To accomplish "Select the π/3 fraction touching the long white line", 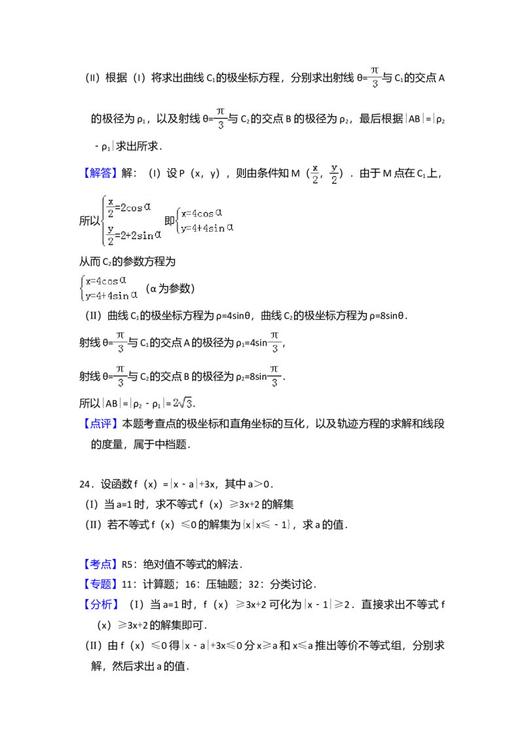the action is (x=375, y=76).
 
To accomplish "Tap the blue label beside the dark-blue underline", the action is (x=102, y=172).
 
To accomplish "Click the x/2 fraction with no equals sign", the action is (x=315, y=173).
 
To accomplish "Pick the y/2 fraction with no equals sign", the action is (x=334, y=173).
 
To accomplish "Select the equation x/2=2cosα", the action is (x=130, y=207).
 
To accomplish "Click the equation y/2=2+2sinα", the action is (x=134, y=234).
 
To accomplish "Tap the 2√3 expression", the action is (x=181, y=403).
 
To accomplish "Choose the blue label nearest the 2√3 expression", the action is (x=102, y=424).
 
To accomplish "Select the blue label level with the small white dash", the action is (x=102, y=563).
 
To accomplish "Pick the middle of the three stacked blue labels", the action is (x=102, y=583).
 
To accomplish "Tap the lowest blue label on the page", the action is (x=102, y=604).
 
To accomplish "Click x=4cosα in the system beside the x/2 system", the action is (x=202, y=213).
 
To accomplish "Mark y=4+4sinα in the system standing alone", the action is (x=109, y=295).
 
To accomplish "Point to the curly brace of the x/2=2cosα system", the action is (x=103, y=222).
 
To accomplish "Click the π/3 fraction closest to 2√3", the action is (x=121, y=376).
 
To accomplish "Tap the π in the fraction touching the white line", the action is (x=375, y=70).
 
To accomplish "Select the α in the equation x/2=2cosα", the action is (x=147, y=206).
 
